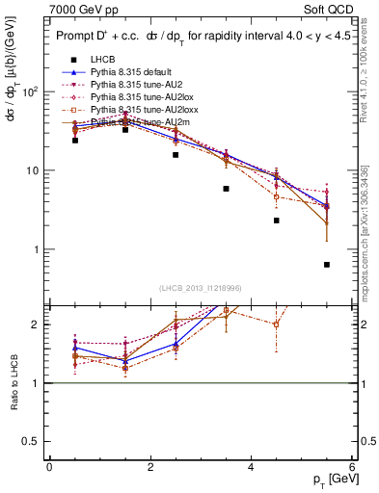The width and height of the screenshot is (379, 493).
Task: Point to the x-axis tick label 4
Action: click(x=251, y=467)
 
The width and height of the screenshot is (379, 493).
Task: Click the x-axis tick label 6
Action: click(x=352, y=467)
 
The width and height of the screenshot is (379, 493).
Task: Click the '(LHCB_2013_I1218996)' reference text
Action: click(x=200, y=289)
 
